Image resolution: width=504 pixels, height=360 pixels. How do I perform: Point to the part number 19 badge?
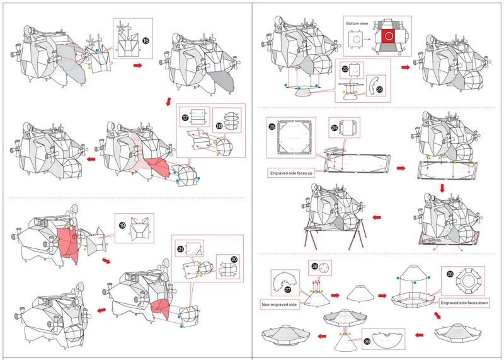(122, 223)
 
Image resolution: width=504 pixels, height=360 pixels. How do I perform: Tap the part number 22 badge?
(345, 68)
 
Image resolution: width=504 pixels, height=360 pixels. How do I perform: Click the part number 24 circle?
(335, 127)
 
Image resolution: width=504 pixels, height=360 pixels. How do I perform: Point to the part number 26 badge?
(314, 266)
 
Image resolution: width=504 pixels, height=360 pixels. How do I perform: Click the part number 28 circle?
(450, 274)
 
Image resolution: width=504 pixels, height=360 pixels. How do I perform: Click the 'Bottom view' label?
(356, 23)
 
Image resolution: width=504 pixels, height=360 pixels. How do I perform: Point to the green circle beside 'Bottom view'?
(356, 38)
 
